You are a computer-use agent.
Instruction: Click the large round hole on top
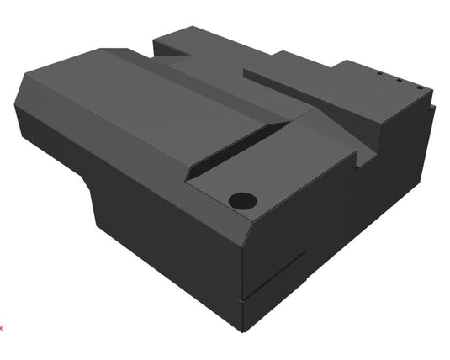(242, 201)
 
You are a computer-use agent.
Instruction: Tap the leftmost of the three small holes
(379, 73)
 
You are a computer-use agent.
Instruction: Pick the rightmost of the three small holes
(418, 87)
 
